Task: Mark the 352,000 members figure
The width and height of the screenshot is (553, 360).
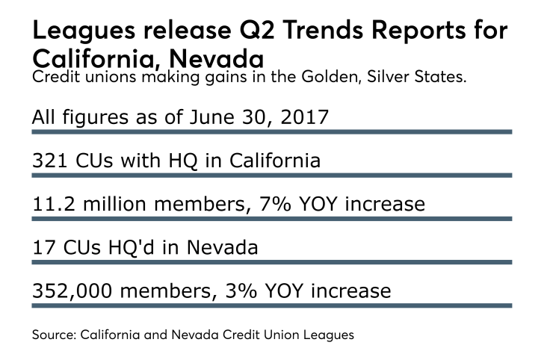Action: coord(71,290)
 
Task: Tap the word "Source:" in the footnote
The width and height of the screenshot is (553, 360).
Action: coord(55,335)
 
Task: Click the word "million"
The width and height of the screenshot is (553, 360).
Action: coord(111,204)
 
